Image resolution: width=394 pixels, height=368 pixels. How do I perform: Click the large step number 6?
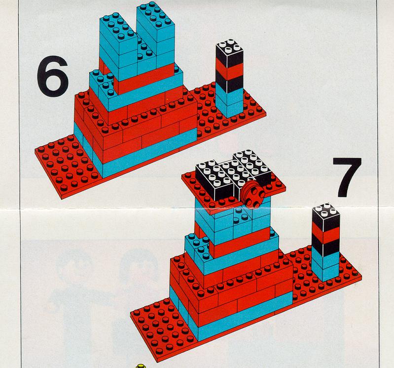53,76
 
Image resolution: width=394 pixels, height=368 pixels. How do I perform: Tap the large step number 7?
348,177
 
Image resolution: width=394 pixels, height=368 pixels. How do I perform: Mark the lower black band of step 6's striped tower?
229,84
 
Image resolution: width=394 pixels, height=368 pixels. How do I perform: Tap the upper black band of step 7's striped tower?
325,221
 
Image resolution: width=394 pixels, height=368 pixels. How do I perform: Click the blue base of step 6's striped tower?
229,102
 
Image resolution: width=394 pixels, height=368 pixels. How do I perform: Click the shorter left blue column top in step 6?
118,27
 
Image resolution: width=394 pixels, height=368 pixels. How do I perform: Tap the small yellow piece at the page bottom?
141,366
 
